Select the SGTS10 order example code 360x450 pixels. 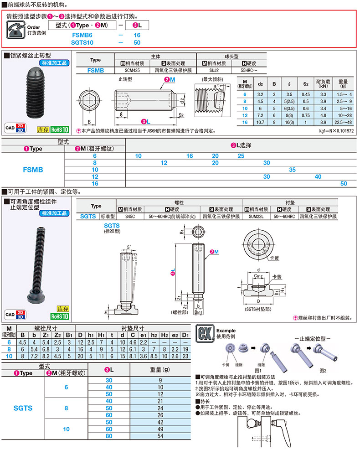[x=82, y=42]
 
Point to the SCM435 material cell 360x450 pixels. [x=132, y=71]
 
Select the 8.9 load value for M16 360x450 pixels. [x=324, y=122]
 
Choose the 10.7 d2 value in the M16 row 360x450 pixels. [x=261, y=122]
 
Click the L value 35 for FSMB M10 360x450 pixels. [x=292, y=169]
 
